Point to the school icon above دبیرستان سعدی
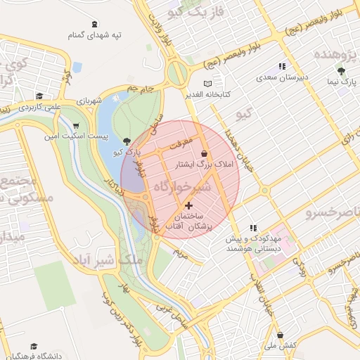tap(282, 67)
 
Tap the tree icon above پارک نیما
tap(342, 71)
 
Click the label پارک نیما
tap(342, 82)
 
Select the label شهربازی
tap(90, 99)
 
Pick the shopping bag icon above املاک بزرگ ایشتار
tap(205, 153)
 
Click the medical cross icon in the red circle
tap(188, 205)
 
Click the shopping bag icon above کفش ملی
tap(281, 335)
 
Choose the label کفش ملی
tap(281, 347)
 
